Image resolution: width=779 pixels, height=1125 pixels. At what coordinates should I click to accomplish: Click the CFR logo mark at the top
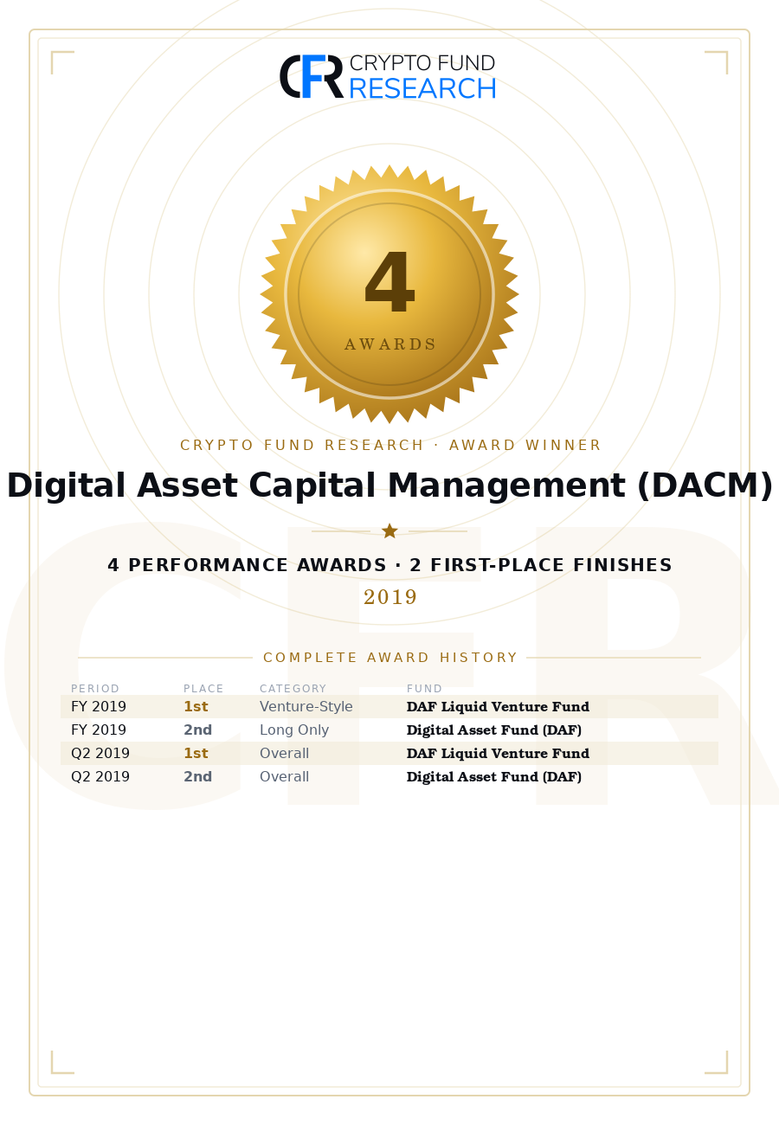(x=312, y=76)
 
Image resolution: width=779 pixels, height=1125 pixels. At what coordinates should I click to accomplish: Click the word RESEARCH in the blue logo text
(x=422, y=88)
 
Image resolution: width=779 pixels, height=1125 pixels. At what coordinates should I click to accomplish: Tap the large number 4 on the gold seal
(x=389, y=281)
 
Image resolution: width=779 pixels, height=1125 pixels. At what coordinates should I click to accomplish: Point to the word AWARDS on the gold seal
(x=389, y=344)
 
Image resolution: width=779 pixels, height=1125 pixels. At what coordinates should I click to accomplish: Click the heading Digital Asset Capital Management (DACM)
(x=389, y=485)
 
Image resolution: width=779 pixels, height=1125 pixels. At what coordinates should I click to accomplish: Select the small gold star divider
(x=389, y=530)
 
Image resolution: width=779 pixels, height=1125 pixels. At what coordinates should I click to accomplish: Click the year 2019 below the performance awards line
(x=389, y=596)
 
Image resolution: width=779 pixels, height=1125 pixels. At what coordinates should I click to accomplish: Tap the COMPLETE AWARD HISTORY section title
(x=389, y=658)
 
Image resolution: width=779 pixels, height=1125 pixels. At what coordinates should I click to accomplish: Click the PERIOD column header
(x=95, y=688)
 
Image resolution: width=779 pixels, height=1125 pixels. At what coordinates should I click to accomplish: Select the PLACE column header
(x=203, y=688)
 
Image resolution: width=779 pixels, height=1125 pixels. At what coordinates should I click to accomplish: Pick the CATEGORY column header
(x=293, y=688)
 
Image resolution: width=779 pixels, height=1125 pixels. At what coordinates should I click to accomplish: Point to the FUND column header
(x=424, y=688)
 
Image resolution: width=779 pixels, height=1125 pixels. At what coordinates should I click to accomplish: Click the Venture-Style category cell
(x=306, y=706)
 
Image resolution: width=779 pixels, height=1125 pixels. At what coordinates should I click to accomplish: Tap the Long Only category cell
(x=293, y=730)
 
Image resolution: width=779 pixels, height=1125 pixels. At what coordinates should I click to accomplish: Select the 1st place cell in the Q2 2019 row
(x=196, y=753)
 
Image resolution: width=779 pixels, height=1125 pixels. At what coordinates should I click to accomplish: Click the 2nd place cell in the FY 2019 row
(x=197, y=730)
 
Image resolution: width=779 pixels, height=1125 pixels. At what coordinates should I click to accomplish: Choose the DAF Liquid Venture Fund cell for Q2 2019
(x=498, y=753)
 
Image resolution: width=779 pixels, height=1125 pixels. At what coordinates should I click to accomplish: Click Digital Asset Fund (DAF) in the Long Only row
(x=493, y=730)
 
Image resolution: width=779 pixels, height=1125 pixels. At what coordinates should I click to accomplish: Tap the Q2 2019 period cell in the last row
(x=100, y=776)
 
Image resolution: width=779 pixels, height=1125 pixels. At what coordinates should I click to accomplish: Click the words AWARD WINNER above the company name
(x=525, y=445)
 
